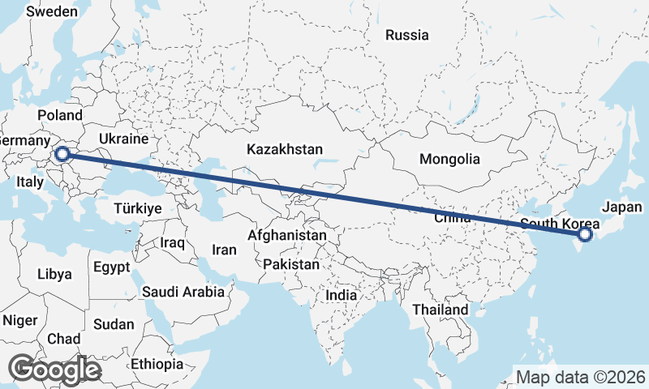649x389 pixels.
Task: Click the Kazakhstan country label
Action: click(x=285, y=149)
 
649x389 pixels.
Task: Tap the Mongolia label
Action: click(x=449, y=160)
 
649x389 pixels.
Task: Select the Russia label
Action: click(x=407, y=36)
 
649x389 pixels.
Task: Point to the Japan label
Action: click(x=622, y=207)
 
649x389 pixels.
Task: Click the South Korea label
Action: click(x=560, y=224)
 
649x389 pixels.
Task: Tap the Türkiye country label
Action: click(x=138, y=208)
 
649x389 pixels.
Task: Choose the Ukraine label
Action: click(x=122, y=139)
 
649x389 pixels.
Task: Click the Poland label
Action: click(x=60, y=115)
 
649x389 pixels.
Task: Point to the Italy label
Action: click(x=30, y=183)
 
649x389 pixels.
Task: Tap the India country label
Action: click(x=341, y=296)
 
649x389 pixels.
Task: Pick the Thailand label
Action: click(x=441, y=310)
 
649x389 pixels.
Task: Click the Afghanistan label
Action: click(x=287, y=236)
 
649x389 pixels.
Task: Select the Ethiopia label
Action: click(x=157, y=364)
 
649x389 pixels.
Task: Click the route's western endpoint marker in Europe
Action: click(x=61, y=152)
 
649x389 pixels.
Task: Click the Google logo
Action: click(x=54, y=370)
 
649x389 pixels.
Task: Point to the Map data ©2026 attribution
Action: click(x=581, y=377)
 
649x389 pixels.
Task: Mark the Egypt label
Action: click(x=112, y=266)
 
